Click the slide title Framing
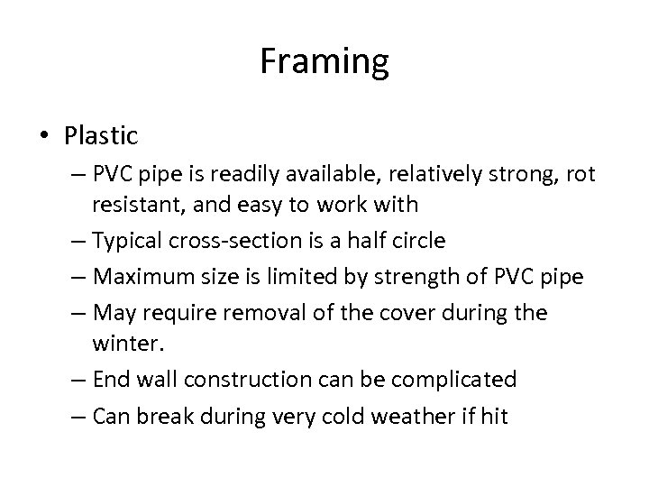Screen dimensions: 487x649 [x=324, y=62]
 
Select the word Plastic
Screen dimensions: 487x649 [x=101, y=136]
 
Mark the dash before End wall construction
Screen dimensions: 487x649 [x=74, y=380]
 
